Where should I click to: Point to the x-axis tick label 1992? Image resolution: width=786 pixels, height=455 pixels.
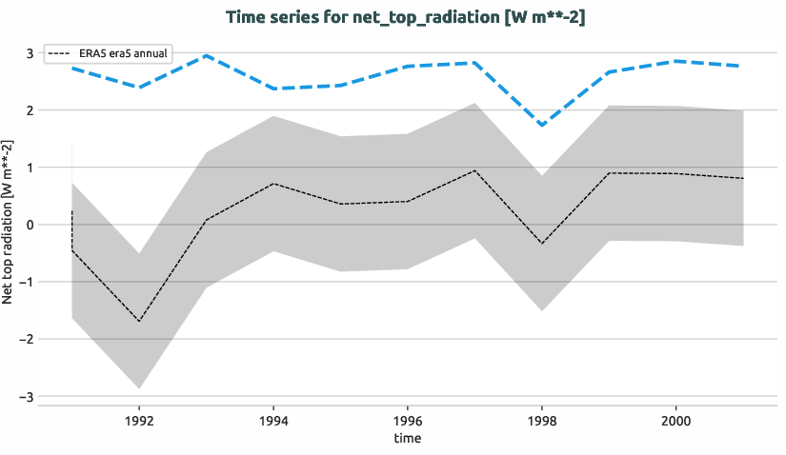(139, 419)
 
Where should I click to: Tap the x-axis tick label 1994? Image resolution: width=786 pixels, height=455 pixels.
(273, 419)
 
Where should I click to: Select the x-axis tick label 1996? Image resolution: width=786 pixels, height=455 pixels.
(408, 419)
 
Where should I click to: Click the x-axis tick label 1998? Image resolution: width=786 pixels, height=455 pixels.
(541, 419)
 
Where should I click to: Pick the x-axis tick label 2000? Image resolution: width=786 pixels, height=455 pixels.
(675, 419)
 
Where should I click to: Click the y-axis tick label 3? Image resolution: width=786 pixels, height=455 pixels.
(30, 53)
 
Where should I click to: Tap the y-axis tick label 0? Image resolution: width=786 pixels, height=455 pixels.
(30, 225)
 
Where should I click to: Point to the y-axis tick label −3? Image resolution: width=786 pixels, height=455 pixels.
(26, 396)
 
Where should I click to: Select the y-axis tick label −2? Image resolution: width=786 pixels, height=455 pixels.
(26, 339)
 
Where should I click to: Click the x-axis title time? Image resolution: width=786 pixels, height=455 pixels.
(407, 438)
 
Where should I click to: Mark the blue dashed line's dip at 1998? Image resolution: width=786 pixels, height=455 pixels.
(541, 126)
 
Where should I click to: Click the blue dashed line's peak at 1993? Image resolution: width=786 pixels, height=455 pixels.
(207, 55)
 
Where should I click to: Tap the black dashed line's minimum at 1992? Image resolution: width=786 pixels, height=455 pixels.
(139, 322)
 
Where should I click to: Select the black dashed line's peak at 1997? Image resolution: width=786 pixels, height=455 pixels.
(474, 170)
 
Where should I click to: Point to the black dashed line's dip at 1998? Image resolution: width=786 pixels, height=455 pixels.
(541, 244)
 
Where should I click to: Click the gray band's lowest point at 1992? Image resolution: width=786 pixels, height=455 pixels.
(139, 388)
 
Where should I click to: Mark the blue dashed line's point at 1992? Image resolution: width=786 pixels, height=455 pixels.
(139, 88)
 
